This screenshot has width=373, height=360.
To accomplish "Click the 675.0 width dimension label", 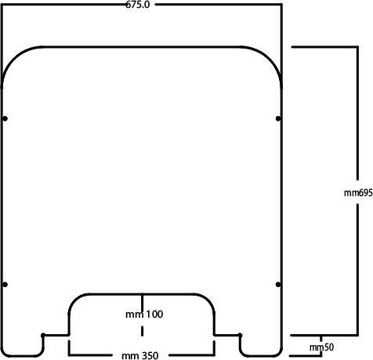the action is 138,5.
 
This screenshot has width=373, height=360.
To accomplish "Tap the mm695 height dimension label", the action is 358,193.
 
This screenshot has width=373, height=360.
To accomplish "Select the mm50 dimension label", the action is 321,347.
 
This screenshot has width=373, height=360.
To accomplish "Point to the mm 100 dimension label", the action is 144,314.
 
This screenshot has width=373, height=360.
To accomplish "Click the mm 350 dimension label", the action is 140,355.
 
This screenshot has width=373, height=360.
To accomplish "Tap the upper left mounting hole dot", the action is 5,118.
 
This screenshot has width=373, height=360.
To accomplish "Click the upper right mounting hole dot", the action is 278,118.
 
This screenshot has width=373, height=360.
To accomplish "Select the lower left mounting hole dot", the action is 5,284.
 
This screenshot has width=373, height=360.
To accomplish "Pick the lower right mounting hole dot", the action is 278,284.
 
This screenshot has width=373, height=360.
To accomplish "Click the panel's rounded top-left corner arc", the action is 13,58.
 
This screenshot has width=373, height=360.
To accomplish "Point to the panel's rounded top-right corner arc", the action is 270,58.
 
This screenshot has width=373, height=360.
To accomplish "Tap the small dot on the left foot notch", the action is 43,335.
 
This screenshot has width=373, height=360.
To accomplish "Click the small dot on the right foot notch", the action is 241,335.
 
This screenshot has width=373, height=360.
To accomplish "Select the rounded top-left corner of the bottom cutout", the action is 74,299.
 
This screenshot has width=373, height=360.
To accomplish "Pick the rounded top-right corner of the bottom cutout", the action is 209,299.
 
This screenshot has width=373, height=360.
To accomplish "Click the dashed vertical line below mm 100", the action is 142,331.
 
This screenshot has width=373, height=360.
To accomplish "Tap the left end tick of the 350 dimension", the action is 69,347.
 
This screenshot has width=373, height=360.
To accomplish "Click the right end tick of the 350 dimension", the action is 214,347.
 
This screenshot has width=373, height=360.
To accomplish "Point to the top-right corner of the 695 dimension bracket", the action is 357,47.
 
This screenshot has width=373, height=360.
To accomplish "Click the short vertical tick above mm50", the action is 321,339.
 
